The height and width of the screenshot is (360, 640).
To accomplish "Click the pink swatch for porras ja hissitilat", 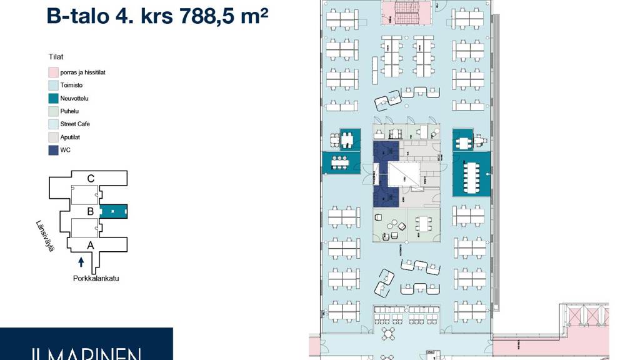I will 54,72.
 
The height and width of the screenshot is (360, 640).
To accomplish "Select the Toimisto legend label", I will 71,85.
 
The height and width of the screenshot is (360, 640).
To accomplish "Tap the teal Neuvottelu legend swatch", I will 54,98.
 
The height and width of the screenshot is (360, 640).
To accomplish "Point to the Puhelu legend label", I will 69,111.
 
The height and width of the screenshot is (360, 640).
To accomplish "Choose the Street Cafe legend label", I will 75,124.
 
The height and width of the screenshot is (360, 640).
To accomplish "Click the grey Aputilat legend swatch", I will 54,137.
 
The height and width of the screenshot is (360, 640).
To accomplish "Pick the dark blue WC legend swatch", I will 54,150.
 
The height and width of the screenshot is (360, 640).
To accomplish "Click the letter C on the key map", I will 91,179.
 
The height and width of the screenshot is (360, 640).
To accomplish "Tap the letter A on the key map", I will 90,246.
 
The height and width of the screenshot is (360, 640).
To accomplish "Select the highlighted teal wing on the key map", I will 114,212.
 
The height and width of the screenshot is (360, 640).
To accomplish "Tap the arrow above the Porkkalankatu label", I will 81,262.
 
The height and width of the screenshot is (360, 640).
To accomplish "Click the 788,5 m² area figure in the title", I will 224,16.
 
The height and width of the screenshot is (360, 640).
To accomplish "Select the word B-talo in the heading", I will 77,16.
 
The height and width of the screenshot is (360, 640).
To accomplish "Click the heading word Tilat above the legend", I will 56,57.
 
